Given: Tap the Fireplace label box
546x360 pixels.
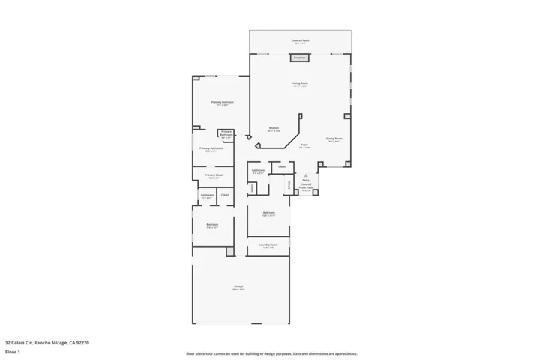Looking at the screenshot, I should click(300, 57).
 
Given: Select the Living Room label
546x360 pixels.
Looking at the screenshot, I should click(300, 83).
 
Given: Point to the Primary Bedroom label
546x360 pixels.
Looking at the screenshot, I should click(222, 102).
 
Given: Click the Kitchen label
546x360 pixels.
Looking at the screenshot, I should click(274, 128).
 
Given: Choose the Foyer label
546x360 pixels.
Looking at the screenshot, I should click(304, 145).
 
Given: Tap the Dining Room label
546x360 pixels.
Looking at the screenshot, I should click(334, 139).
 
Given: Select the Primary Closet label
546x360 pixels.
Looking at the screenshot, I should click(214, 175).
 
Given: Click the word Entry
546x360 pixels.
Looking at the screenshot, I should click(306, 181).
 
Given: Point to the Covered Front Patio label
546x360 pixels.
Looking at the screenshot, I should click(306, 187).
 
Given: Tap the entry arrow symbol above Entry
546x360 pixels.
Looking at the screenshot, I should click(306, 175).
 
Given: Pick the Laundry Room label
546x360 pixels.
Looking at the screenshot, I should click(269, 244).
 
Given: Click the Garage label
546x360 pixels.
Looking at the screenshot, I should click(239, 286).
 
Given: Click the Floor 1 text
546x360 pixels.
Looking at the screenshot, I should click(13, 351).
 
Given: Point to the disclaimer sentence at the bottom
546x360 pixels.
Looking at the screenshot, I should click(272, 353).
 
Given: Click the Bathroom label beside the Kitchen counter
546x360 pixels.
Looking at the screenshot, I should click(258, 171).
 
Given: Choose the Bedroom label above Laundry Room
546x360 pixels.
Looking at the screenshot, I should click(268, 213).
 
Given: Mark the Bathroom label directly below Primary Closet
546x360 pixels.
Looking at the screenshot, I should click(208, 196).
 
